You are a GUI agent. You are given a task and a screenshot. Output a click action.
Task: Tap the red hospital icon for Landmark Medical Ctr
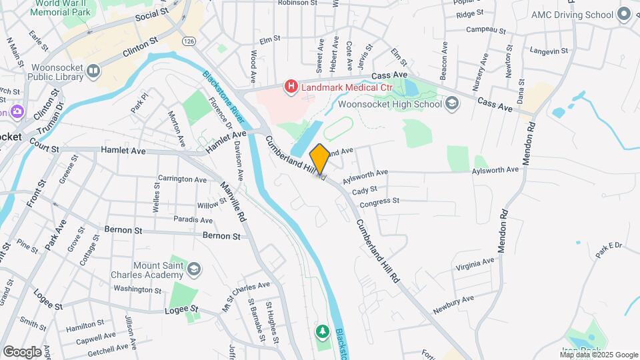click(x=291, y=86)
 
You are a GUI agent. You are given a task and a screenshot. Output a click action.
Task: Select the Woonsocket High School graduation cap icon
click(x=453, y=103)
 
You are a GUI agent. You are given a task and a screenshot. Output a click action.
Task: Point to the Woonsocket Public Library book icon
click(x=93, y=71)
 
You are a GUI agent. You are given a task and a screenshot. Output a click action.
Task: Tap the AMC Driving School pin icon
click(x=624, y=14)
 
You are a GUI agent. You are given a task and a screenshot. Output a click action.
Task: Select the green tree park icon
click(x=323, y=331)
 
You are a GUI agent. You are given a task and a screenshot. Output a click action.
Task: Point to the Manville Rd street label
click(x=234, y=203)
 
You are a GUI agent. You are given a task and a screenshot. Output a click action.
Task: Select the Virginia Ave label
click(x=475, y=265)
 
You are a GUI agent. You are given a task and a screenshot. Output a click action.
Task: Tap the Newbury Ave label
click(x=453, y=305)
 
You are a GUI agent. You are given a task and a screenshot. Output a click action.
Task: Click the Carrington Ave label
click(x=182, y=179)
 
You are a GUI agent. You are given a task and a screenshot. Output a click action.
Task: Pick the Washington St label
click(x=138, y=289)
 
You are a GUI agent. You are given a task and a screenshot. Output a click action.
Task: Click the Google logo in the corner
click(x=22, y=351)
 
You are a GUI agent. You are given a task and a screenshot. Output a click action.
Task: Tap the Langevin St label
click(x=549, y=51)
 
